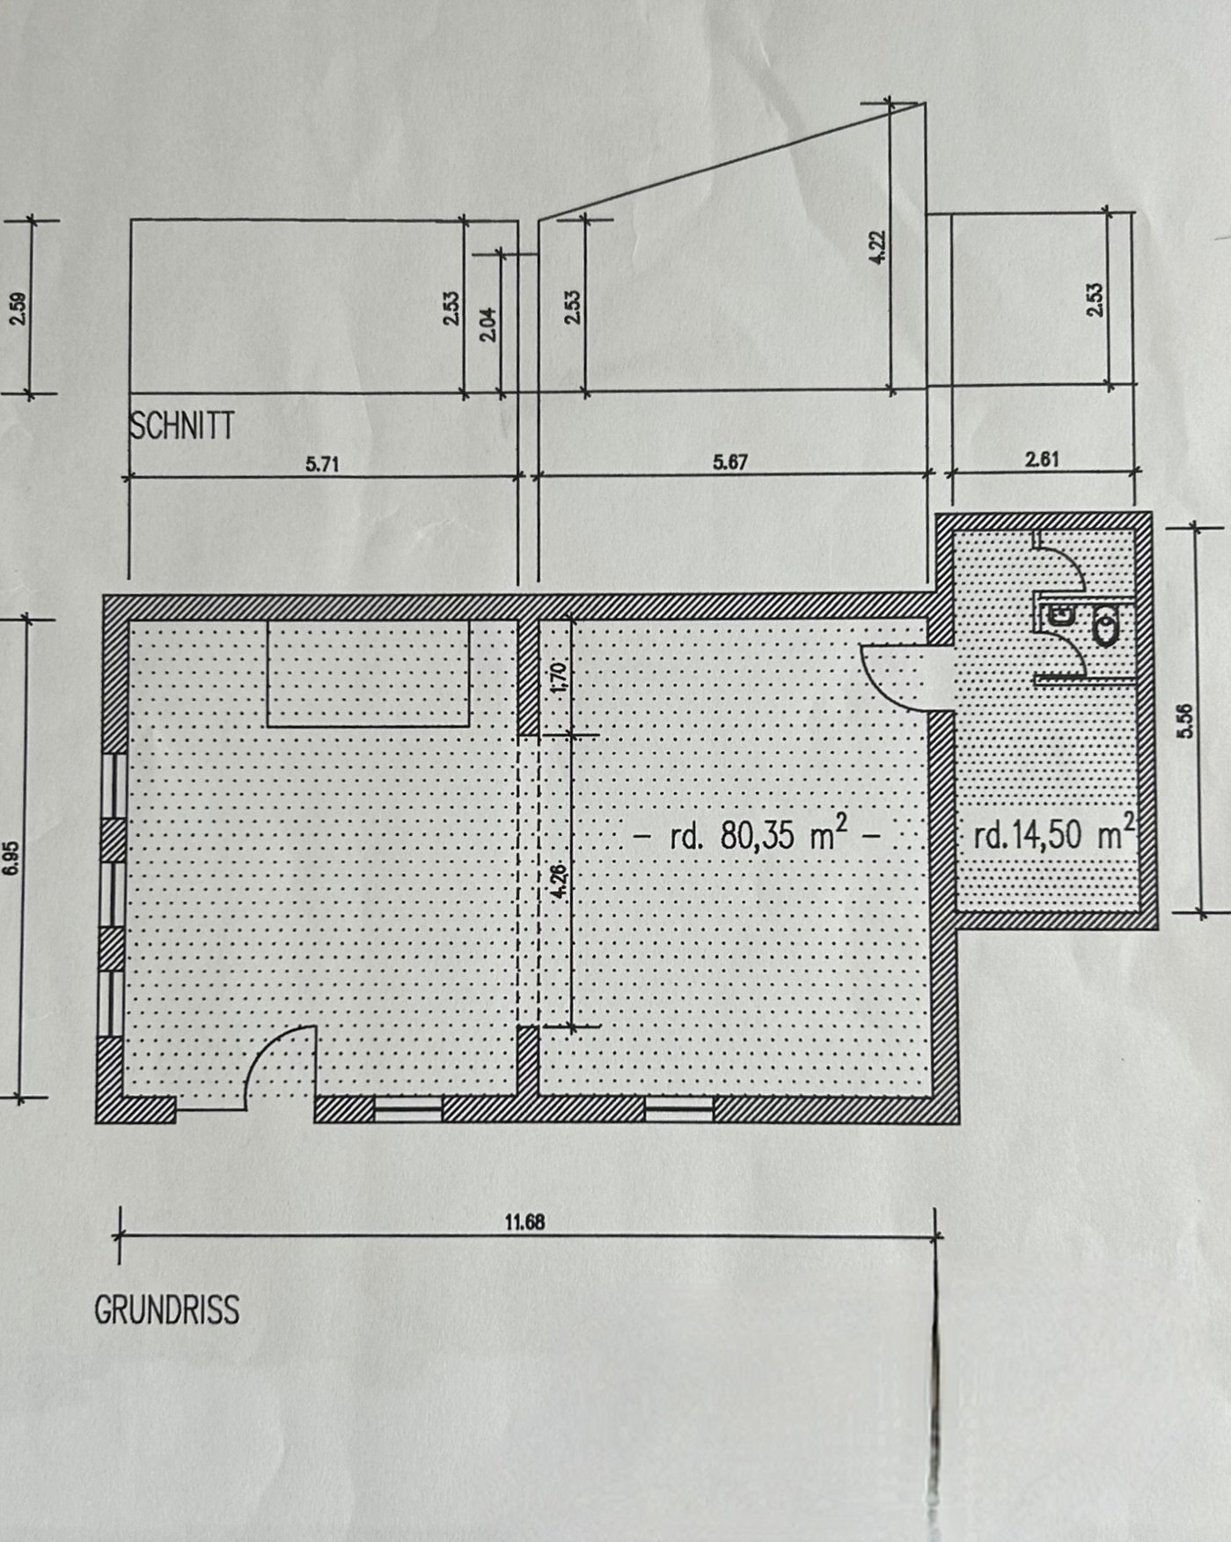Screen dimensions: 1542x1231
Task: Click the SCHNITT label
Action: [182, 426]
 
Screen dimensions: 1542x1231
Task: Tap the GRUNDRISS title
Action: [166, 1311]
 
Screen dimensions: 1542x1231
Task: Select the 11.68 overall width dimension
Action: [524, 1222]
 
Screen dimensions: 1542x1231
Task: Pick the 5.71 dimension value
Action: [322, 464]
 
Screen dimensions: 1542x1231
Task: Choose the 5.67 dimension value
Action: [730, 462]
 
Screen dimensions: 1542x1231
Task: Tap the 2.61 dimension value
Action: [1042, 459]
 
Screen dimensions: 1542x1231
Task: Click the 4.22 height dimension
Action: [878, 246]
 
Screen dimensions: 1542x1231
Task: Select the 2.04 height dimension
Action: [490, 324]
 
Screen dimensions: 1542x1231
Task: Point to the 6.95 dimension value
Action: [11, 858]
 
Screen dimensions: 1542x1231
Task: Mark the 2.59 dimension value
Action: [18, 308]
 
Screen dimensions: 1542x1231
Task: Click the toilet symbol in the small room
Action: [1103, 626]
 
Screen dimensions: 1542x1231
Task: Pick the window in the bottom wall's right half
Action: [678, 1110]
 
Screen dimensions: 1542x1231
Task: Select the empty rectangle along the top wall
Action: [368, 673]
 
